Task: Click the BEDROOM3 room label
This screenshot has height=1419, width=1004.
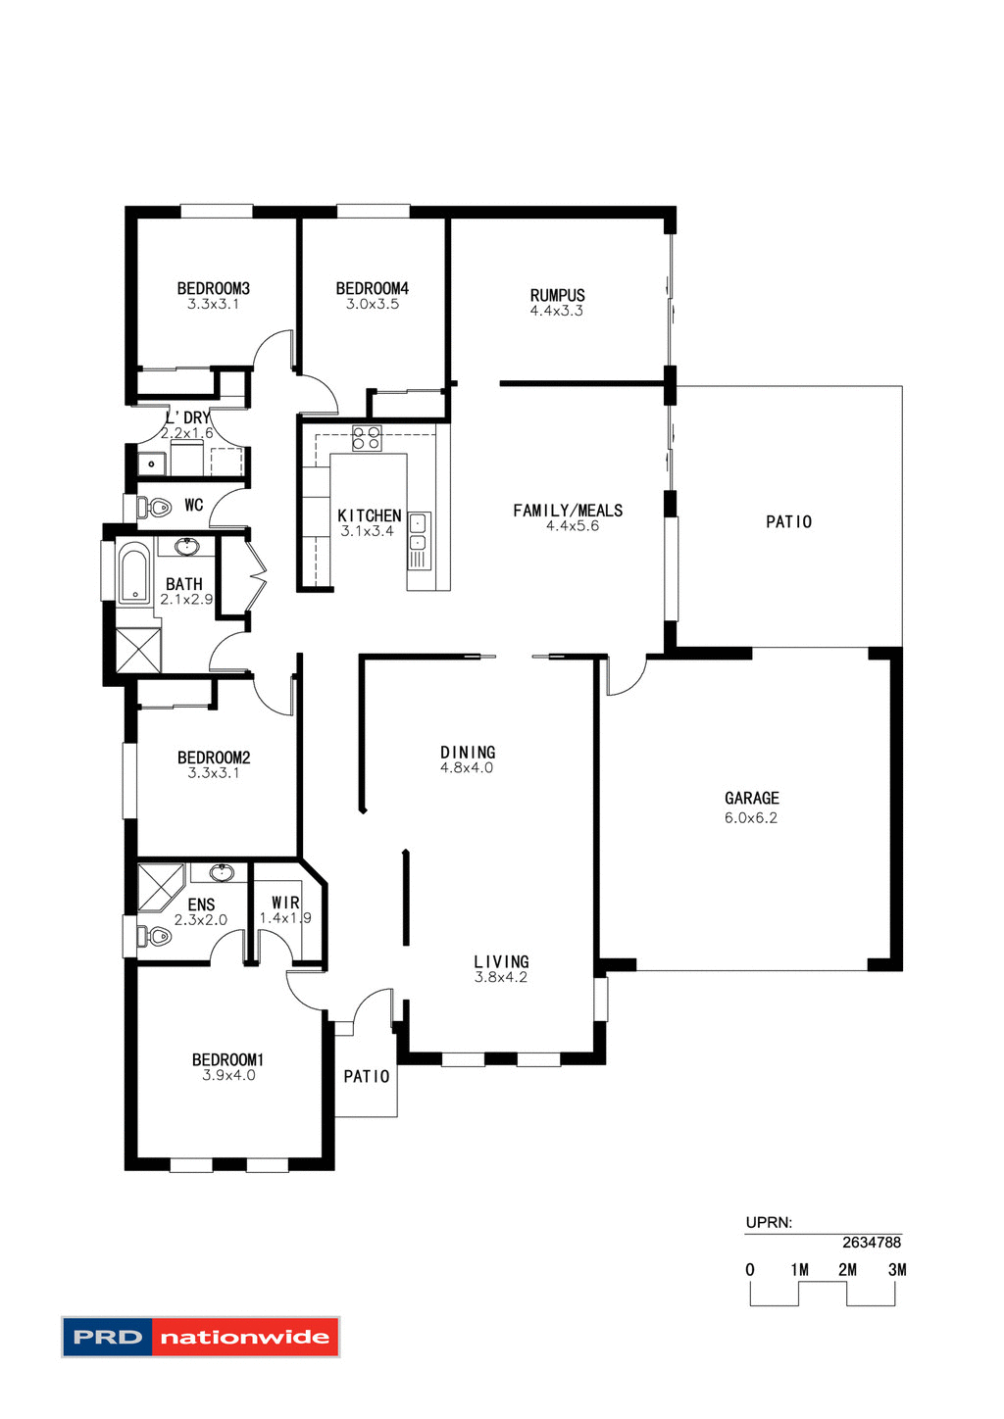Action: [x=213, y=288]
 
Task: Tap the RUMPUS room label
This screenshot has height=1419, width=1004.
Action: [x=557, y=295]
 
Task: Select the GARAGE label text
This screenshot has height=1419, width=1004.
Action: [x=752, y=799]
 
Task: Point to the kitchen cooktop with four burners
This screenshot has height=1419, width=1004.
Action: [x=367, y=438]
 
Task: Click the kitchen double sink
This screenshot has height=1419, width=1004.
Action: [x=418, y=532]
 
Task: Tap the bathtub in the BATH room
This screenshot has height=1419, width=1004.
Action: [x=132, y=575]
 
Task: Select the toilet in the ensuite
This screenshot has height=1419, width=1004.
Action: [x=156, y=937]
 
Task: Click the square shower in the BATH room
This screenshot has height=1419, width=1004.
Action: [x=137, y=649]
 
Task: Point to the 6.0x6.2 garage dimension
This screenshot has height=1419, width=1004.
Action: [x=751, y=818]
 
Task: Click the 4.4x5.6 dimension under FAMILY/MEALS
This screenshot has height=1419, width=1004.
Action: [x=572, y=526]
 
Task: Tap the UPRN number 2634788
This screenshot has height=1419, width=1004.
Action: [x=871, y=1243]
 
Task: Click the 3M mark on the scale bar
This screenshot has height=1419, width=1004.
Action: [x=896, y=1270]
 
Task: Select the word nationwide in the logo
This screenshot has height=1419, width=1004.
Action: [x=244, y=1338]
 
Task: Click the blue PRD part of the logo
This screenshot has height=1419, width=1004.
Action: [x=108, y=1338]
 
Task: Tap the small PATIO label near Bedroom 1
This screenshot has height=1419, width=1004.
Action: [x=366, y=1077]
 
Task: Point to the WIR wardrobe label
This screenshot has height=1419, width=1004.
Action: [x=285, y=903]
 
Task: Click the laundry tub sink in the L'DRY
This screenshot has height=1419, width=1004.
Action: [x=152, y=464]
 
